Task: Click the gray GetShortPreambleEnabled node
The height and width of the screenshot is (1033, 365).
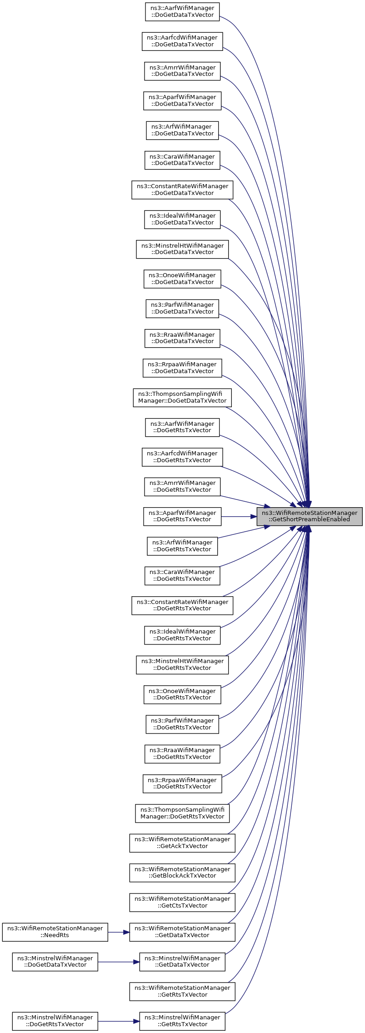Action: pyautogui.click(x=309, y=516)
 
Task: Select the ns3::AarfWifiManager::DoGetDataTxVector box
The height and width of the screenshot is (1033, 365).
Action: pyautogui.click(x=182, y=12)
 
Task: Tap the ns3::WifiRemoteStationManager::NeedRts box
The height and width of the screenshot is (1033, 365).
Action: pyautogui.click(x=55, y=932)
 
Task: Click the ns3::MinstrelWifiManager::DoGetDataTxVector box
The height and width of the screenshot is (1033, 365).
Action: pyautogui.click(x=55, y=962)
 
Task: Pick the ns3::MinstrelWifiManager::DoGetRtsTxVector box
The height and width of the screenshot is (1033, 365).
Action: pyautogui.click(x=55, y=1021)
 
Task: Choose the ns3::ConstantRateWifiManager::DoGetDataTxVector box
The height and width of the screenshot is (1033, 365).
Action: pyautogui.click(x=182, y=190)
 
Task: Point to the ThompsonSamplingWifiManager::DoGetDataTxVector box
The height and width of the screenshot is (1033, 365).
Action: pyautogui.click(x=182, y=398)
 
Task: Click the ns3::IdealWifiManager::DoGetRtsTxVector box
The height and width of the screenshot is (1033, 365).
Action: pyautogui.click(x=182, y=635)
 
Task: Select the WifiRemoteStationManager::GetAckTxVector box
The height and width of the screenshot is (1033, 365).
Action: pyautogui.click(x=182, y=843)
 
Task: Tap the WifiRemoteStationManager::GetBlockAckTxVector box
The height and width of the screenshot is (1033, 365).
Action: pyautogui.click(x=182, y=873)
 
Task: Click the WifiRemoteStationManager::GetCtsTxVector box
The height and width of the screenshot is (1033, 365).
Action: pyautogui.click(x=182, y=902)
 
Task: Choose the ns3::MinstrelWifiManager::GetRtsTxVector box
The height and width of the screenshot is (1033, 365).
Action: pyautogui.click(x=182, y=1021)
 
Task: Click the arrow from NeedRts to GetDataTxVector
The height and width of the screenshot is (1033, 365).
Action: pyautogui.click(x=119, y=932)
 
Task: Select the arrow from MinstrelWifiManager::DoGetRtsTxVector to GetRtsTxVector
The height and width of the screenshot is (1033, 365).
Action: pyautogui.click(x=119, y=1021)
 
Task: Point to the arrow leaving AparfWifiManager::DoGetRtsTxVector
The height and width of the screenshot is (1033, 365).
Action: pyautogui.click(x=239, y=516)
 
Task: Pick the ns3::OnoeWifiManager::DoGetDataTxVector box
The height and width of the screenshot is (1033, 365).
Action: pyautogui.click(x=182, y=279)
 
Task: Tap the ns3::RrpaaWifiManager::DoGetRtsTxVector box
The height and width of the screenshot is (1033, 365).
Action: pyautogui.click(x=182, y=783)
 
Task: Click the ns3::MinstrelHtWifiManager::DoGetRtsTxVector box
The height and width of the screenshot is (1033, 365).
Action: pyautogui.click(x=182, y=665)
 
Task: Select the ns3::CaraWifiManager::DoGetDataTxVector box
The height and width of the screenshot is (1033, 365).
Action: pyautogui.click(x=182, y=160)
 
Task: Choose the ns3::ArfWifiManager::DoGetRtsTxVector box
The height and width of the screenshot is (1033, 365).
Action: pyautogui.click(x=182, y=546)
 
